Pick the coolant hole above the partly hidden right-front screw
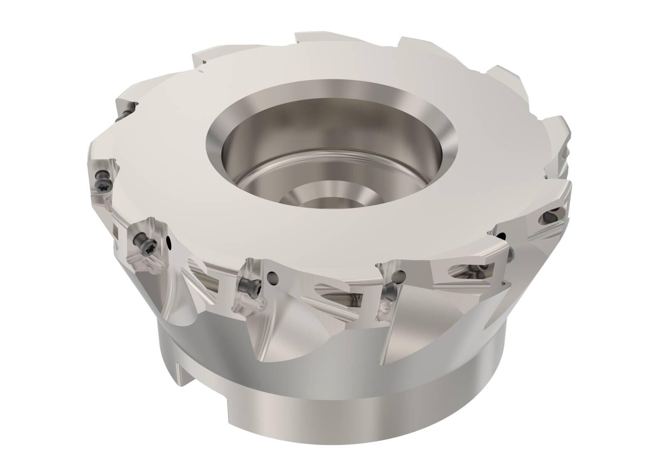[x=400, y=274]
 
